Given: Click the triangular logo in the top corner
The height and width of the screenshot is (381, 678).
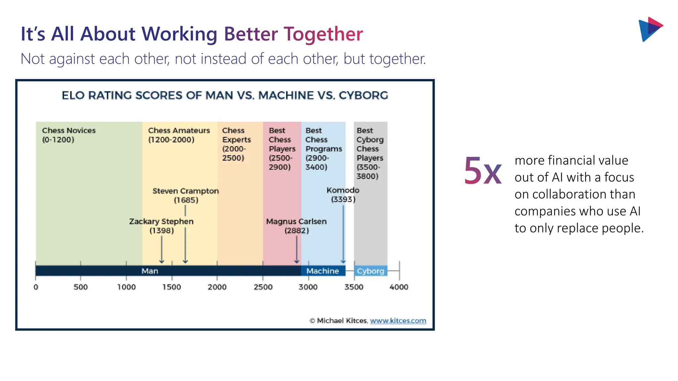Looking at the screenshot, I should [x=650, y=29].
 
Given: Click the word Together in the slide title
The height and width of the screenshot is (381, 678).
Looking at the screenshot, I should [x=323, y=34].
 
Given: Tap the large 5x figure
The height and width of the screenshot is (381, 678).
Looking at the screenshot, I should [x=482, y=171].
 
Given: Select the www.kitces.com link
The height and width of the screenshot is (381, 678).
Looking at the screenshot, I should [x=398, y=320].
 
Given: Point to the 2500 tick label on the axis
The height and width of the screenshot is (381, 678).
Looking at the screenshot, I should [x=263, y=287].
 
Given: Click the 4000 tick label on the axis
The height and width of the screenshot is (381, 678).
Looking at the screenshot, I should [x=399, y=287].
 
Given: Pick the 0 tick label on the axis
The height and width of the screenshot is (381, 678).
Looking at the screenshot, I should [x=36, y=287].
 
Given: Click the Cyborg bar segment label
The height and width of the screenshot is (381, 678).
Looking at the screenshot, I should [x=370, y=271].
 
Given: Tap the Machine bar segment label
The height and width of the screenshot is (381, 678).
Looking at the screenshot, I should [x=322, y=271].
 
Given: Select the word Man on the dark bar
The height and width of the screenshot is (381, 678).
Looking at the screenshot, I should [x=150, y=271].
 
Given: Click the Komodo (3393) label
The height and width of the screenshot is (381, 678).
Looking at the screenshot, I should [x=343, y=194].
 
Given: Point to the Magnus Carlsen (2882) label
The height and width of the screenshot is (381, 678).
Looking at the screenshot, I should [x=296, y=226].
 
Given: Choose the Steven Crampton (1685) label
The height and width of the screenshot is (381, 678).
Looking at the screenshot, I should [x=186, y=195].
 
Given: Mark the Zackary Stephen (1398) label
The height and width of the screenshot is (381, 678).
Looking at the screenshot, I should [x=161, y=226].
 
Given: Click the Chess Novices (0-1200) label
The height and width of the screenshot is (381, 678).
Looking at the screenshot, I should [x=69, y=135].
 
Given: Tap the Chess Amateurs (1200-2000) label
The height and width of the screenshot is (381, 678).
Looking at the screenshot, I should [x=179, y=135].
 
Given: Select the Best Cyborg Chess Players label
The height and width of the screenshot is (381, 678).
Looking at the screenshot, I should [x=369, y=153].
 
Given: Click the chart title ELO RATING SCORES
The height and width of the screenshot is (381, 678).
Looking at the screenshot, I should [x=225, y=96].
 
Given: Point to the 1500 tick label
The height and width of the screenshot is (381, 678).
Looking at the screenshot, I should [x=171, y=287].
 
